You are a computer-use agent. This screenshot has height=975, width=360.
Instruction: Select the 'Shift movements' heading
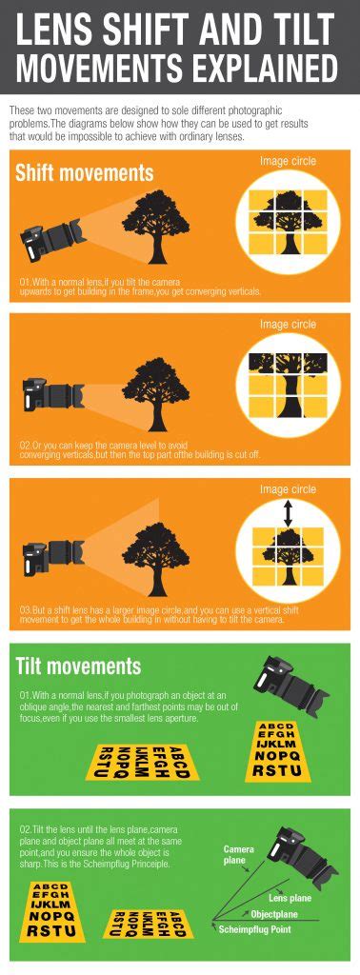click(84, 173)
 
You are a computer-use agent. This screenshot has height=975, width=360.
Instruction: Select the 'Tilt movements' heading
click(78, 666)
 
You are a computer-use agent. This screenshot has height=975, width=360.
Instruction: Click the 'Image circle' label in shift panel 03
click(288, 488)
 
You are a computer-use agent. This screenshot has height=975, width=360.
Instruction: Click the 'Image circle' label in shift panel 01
click(288, 162)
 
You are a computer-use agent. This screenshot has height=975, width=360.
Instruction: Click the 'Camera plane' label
click(238, 854)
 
